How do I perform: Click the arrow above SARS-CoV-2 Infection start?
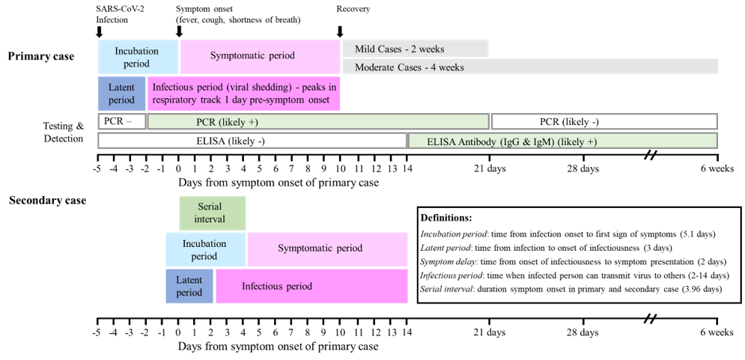pos(100,31)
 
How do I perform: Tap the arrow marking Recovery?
pos(340,31)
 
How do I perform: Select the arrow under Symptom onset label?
pos(179,31)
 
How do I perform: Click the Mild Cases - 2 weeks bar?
pos(416,49)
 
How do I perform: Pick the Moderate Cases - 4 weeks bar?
pos(530,67)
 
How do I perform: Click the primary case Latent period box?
pos(122,94)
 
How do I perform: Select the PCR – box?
pos(121,121)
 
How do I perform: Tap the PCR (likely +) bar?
pos(318,121)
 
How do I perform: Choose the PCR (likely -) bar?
pos(603,121)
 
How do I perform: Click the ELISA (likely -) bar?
pos(252,140)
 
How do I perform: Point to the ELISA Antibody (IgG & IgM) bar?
pos(562,140)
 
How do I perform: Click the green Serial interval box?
pos(212,213)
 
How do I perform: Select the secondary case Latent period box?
pos(189,286)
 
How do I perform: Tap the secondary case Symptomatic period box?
pos(327,248)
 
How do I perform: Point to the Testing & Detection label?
pos(63,132)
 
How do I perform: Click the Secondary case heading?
pos(47,201)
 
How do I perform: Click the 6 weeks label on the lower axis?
pos(717,332)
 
